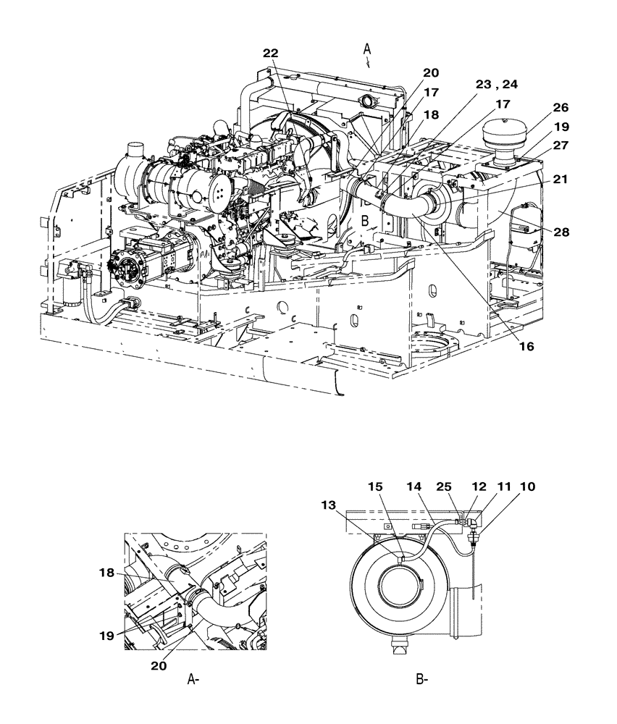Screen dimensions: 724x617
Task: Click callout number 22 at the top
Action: pos(270,54)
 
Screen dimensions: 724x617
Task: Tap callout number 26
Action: pos(561,108)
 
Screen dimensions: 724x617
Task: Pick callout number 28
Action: pos(561,232)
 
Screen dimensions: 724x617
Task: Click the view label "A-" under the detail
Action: pos(193,679)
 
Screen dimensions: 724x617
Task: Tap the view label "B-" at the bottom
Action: pos(422,679)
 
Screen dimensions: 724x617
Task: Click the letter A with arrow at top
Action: pos(367,50)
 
